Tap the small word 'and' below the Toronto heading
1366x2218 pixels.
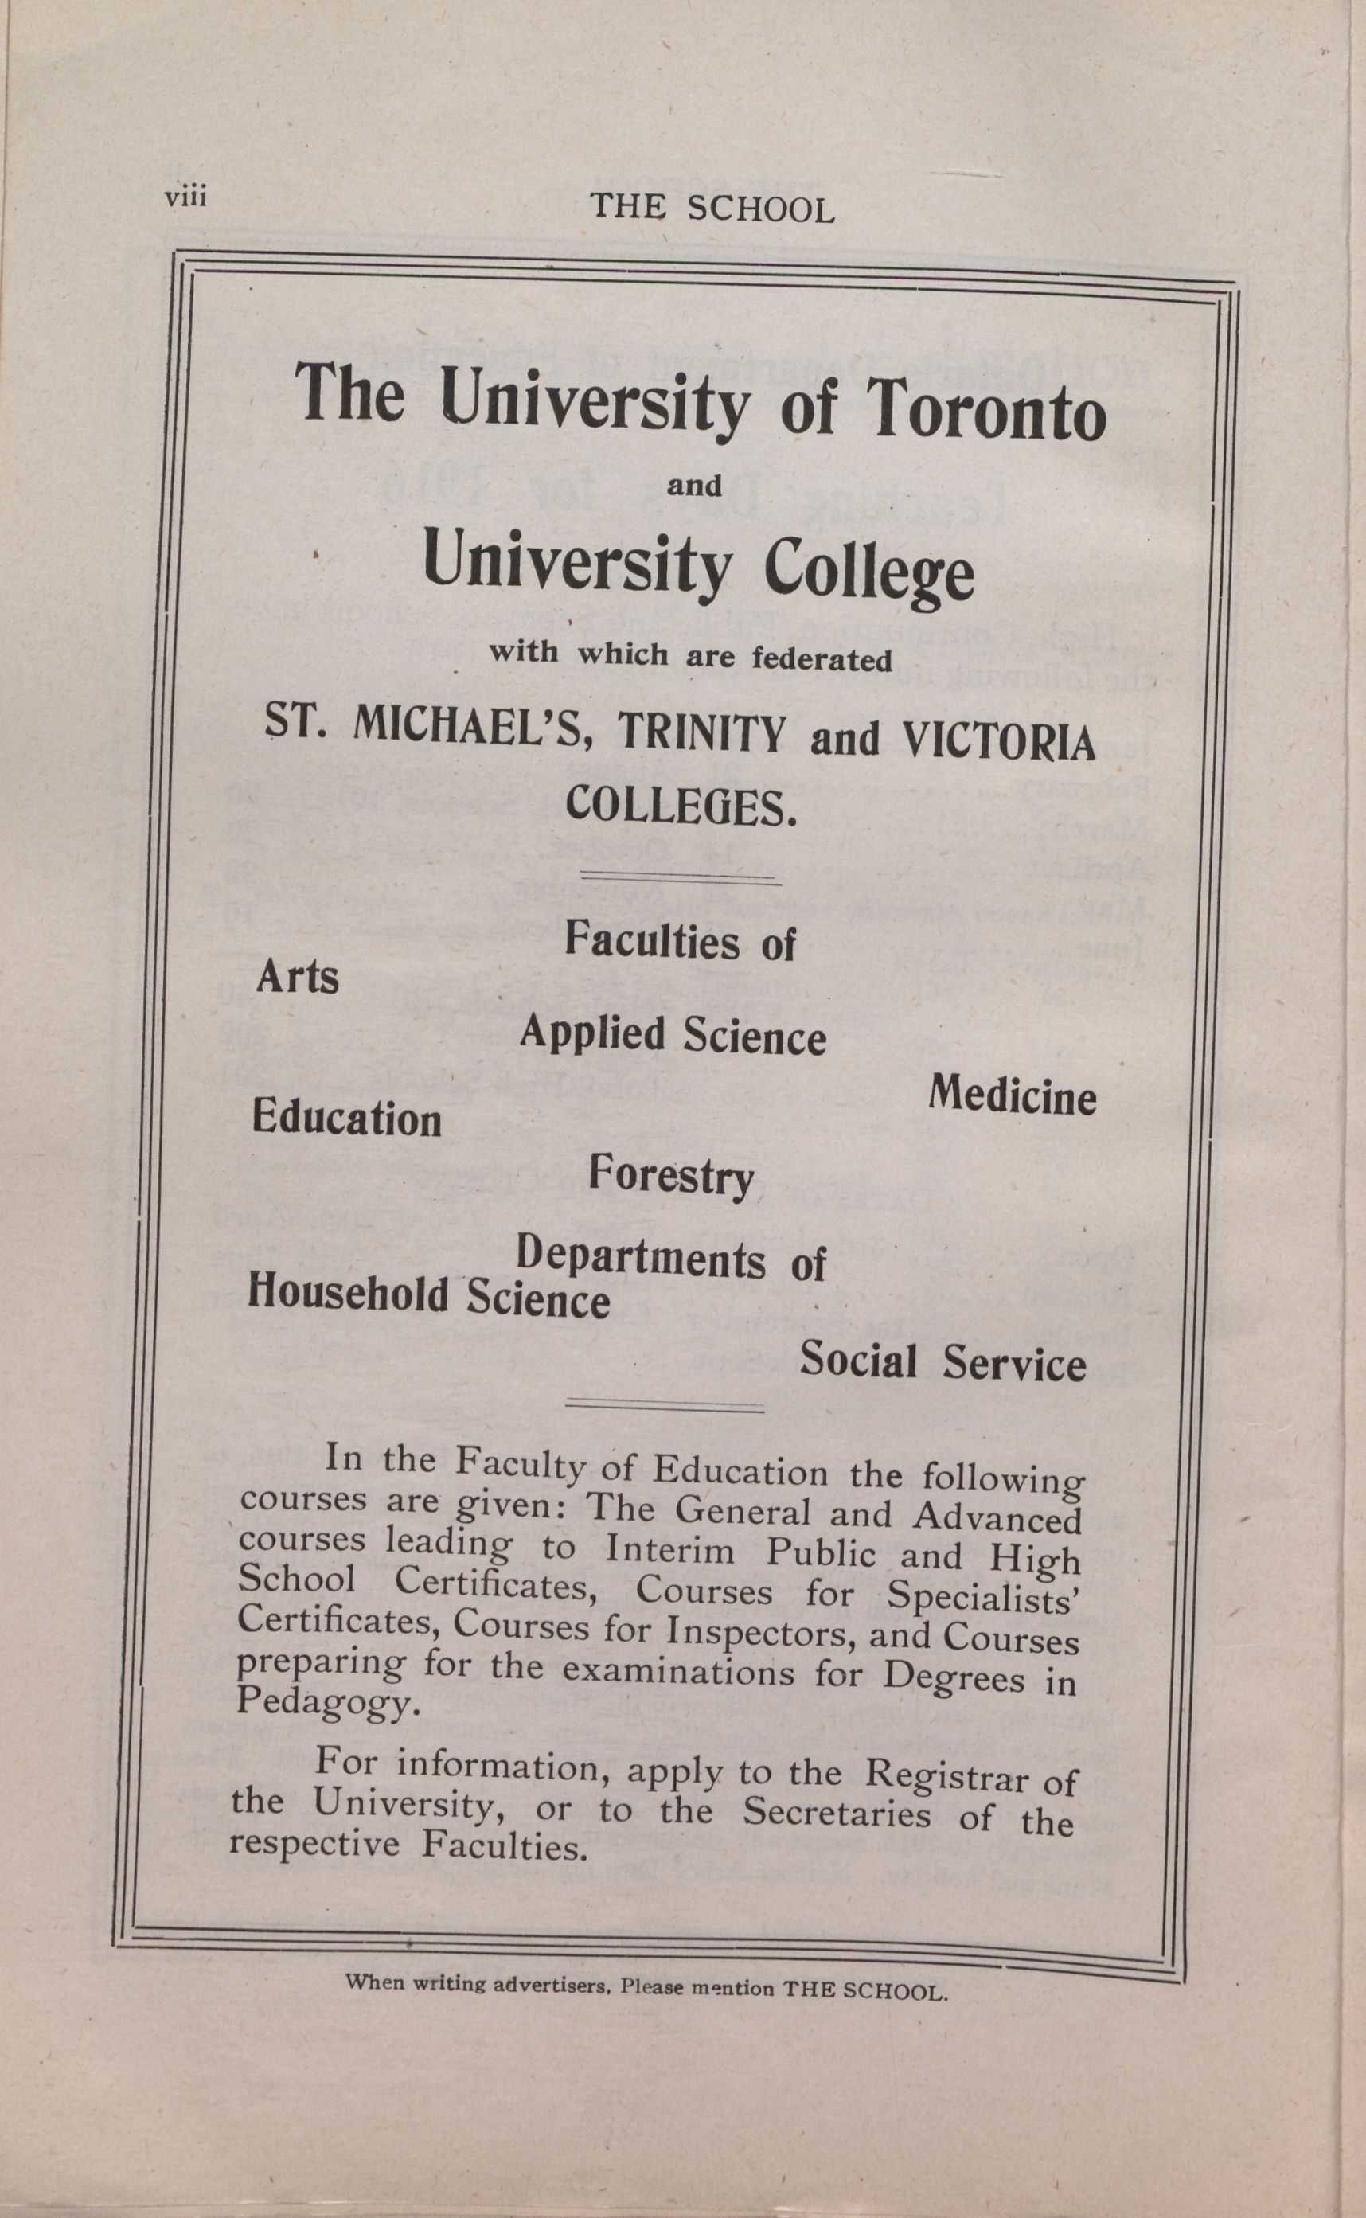pos(694,487)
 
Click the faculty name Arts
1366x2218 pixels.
pos(297,978)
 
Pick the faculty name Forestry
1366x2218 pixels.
pos(671,1177)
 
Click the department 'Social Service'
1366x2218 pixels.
pos(943,1362)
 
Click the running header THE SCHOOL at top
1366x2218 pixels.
pos(711,209)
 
